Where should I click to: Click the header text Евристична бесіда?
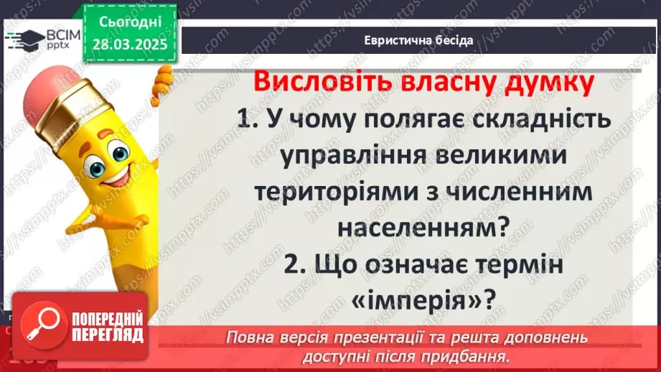418,40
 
